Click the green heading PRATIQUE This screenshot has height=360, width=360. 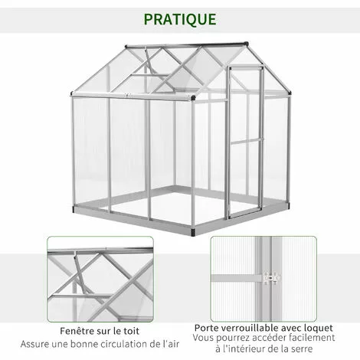click(x=180, y=19)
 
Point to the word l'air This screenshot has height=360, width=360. click(x=171, y=344)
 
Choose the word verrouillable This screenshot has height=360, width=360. click(x=251, y=328)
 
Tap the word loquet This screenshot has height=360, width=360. click(x=319, y=328)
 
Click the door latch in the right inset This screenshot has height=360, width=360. click(x=272, y=277)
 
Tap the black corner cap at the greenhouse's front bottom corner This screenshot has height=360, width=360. click(x=193, y=232)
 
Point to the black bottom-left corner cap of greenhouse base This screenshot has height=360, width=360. click(x=75, y=209)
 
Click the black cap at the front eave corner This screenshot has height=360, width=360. click(x=193, y=97)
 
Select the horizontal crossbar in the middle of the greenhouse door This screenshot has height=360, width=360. click(x=247, y=141)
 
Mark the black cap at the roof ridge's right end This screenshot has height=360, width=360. click(x=246, y=43)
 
